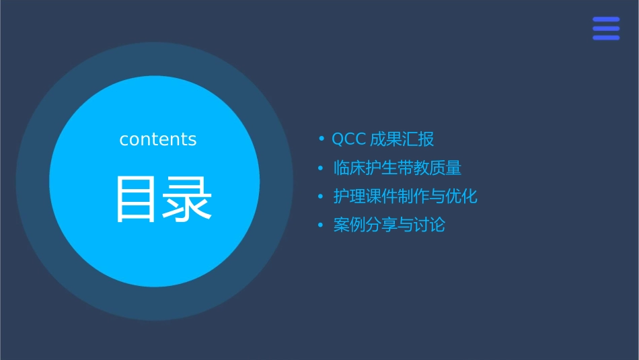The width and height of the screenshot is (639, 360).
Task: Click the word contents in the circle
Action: (158, 139)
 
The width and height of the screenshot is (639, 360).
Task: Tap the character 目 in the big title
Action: (137, 199)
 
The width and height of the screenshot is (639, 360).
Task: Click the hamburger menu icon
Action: (606, 28)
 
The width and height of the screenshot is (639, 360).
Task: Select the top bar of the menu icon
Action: (606, 19)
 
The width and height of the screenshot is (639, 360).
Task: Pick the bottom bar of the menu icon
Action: (606, 38)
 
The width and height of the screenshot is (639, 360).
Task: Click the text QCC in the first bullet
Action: (348, 139)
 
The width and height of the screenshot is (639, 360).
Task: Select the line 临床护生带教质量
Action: (398, 168)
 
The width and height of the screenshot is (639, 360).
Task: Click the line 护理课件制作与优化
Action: (406, 196)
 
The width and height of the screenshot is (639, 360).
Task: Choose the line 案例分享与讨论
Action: (389, 225)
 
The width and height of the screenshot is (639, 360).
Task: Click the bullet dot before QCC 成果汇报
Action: (322, 139)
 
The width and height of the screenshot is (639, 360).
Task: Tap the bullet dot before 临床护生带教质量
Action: (322, 168)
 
